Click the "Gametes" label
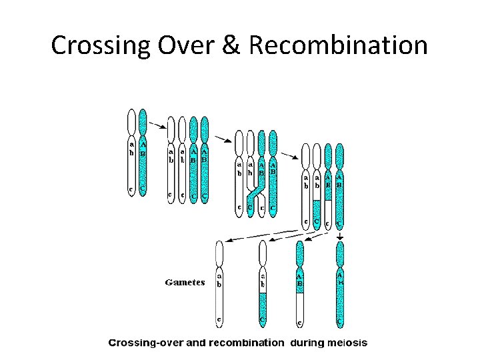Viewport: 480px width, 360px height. pyautogui.click(x=185, y=282)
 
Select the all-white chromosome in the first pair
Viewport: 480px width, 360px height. pyautogui.click(x=131, y=153)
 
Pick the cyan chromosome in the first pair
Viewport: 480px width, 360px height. pyautogui.click(x=143, y=153)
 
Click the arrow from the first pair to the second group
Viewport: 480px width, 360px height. pyautogui.click(x=157, y=125)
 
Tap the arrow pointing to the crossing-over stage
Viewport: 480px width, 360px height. pyautogui.click(x=223, y=139)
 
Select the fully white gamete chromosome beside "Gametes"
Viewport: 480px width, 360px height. pyautogui.click(x=219, y=283)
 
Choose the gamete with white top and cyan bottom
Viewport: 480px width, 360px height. pyautogui.click(x=263, y=283)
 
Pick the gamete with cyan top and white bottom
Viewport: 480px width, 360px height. pyautogui.click(x=300, y=283)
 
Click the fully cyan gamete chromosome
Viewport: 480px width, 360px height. pyautogui.click(x=340, y=283)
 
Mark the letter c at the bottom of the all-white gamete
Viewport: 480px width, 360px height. pyautogui.click(x=219, y=320)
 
